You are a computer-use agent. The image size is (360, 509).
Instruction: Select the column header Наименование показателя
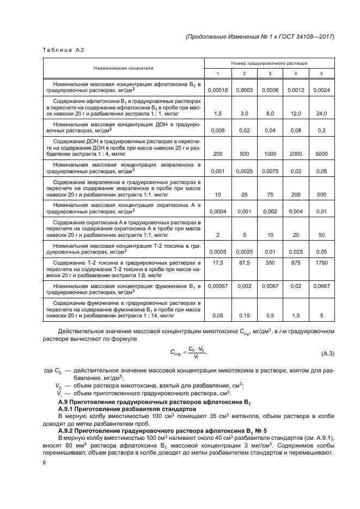point(123,69)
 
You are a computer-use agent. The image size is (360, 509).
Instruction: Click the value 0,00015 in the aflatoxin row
point(218,90)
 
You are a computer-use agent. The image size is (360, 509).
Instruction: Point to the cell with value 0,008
point(218,131)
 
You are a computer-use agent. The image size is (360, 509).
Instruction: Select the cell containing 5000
point(321,154)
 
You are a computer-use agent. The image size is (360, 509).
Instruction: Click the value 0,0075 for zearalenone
point(270,170)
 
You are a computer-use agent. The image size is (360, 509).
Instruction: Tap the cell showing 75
point(270,194)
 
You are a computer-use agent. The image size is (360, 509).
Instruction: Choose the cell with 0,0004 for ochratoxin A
point(218,211)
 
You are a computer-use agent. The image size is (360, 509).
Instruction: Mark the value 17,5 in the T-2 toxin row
point(218,263)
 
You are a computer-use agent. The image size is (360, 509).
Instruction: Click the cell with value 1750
point(321,263)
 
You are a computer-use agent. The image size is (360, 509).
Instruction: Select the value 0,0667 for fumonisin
point(321,286)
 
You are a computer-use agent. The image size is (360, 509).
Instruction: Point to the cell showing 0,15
point(244,315)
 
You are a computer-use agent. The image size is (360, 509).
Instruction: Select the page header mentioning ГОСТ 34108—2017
point(259,36)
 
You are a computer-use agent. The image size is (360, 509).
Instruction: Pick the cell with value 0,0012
point(296,90)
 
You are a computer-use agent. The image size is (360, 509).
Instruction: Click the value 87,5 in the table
point(244,263)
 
